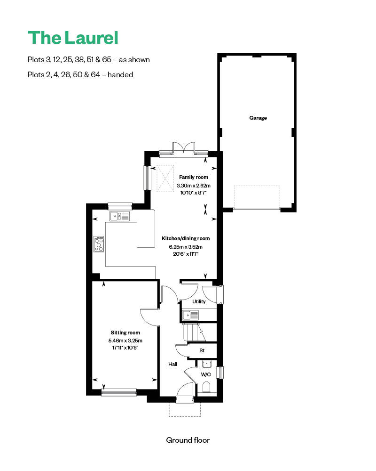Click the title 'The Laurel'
[73, 38]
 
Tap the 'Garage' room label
[258, 118]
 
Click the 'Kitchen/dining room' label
[186, 238]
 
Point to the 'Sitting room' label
[125, 333]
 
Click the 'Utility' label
[199, 301]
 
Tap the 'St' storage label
[202, 350]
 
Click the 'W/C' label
[206, 375]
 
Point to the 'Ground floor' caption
[188, 440]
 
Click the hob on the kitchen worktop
[99, 244]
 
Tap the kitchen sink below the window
[120, 216]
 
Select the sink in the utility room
[191, 315]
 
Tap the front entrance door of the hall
[184, 393]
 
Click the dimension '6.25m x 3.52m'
[186, 246]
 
